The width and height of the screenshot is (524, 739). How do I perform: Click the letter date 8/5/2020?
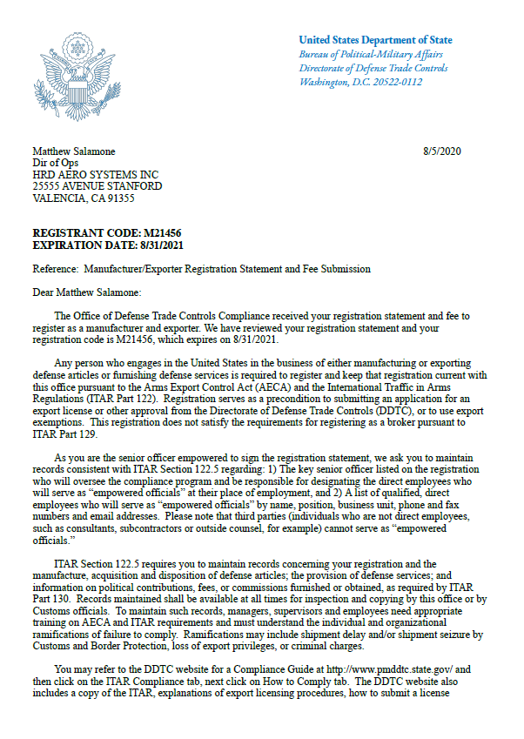tap(441, 151)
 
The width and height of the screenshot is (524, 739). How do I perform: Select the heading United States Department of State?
tap(375, 40)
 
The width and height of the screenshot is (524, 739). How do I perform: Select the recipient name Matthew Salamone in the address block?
tap(73, 151)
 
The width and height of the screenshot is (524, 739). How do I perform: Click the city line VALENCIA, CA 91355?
tap(84, 198)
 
